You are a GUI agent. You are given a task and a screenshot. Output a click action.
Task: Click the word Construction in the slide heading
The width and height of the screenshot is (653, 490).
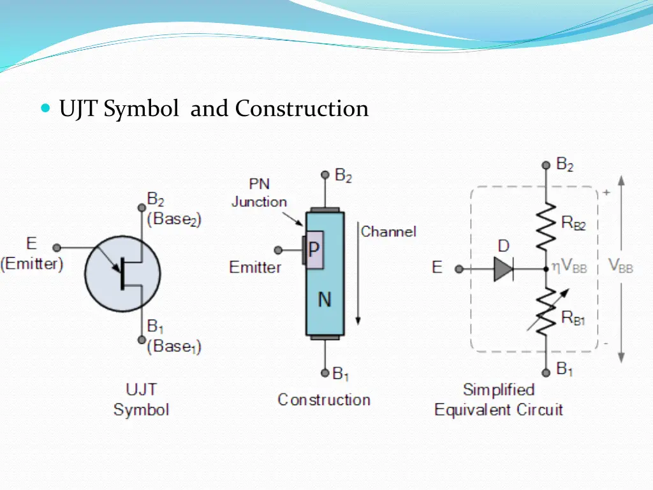tap(302, 108)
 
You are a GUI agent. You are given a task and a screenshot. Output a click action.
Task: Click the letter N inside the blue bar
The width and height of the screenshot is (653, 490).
tap(325, 299)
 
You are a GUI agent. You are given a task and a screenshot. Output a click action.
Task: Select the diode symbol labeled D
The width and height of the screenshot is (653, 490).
tap(504, 269)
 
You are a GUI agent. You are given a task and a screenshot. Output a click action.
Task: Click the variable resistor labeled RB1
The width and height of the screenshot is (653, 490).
tap(545, 311)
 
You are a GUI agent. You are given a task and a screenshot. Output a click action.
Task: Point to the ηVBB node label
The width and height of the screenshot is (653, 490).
tap(569, 268)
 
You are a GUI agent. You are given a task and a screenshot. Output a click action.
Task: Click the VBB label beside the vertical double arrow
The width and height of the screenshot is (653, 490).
tap(621, 266)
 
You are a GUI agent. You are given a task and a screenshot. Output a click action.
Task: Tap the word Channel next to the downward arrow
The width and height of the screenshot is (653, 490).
tap(388, 232)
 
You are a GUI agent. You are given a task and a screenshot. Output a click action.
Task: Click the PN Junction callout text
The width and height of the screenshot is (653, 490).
tap(259, 193)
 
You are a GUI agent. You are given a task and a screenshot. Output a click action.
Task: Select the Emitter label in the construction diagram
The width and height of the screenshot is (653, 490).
tap(255, 267)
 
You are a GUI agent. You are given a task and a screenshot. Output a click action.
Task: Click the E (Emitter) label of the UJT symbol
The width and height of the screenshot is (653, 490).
tap(32, 254)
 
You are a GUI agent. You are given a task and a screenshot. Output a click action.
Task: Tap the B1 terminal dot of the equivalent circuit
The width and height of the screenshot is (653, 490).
tap(546, 373)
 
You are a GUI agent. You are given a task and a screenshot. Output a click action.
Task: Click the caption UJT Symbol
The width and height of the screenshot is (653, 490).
tap(141, 399)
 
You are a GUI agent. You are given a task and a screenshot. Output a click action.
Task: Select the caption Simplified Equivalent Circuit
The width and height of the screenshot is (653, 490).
tap(499, 399)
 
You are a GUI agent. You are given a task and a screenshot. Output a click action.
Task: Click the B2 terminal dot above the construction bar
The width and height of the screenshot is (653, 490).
tap(325, 174)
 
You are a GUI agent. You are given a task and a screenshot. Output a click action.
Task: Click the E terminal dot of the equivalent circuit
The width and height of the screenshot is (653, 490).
tap(458, 269)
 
